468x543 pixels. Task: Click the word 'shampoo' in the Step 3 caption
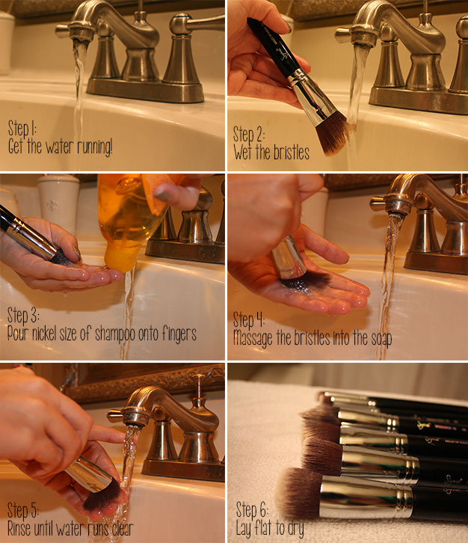123,334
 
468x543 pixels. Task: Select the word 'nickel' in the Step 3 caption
49,334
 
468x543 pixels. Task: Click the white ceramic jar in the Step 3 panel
58,202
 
